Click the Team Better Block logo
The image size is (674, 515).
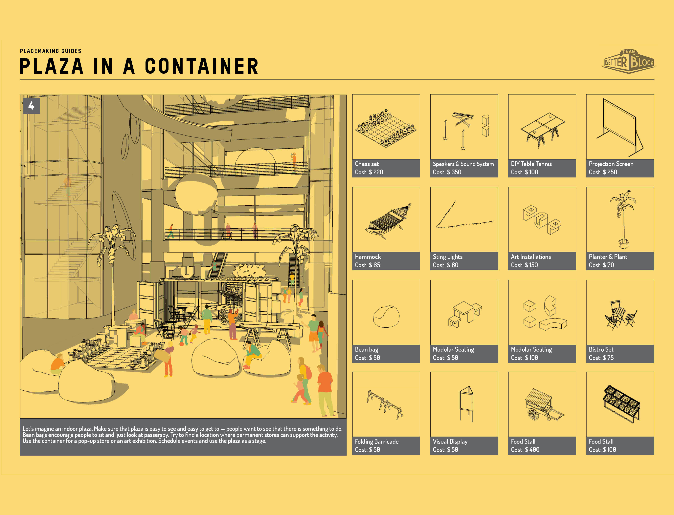(629, 61)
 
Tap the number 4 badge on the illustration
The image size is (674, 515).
(31, 106)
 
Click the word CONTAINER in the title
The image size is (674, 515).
(202, 66)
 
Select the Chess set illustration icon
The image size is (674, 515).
(386, 128)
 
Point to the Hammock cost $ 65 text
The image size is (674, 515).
(368, 265)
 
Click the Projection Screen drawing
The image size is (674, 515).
(620, 127)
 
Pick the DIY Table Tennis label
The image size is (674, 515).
(531, 164)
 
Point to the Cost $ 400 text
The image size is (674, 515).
(525, 450)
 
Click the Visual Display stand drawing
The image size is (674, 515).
(466, 403)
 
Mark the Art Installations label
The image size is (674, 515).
(531, 257)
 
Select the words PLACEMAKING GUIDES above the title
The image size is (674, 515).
(51, 51)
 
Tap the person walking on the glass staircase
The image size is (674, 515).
(67, 185)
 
